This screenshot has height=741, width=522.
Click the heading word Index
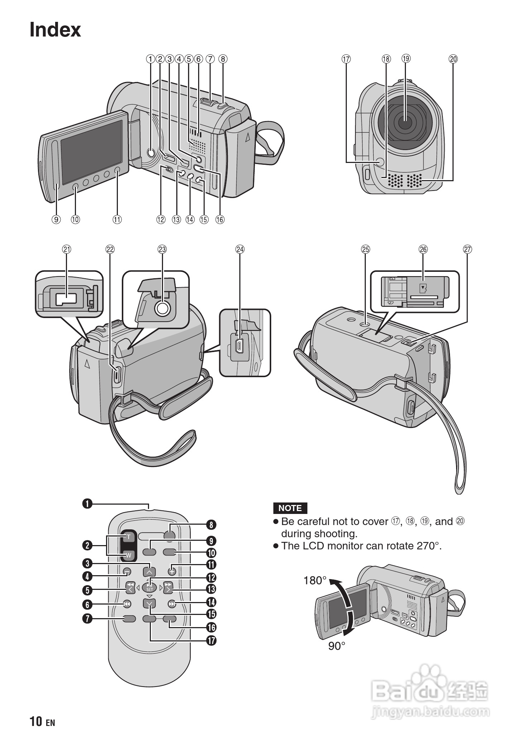pos(55,29)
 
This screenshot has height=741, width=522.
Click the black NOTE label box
pos(290,508)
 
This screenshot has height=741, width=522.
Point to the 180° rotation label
pos(315,580)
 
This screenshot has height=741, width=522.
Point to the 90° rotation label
pos(337,646)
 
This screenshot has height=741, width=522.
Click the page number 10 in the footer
pos(36,721)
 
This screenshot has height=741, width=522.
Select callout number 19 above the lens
pos(406,58)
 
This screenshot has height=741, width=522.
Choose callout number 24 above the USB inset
pos(240,249)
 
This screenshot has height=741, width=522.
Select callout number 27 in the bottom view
pos(468,249)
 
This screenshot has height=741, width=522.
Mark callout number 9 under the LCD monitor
pos(56,219)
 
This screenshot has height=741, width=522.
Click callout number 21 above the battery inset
pos(67,249)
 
